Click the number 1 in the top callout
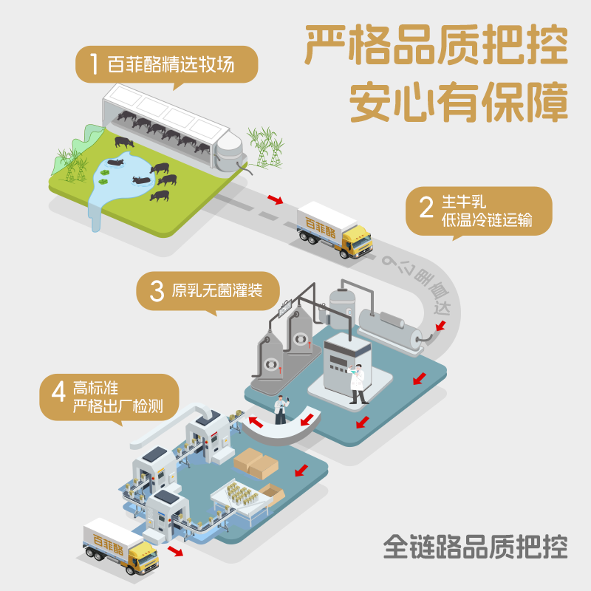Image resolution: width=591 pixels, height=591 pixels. [x=92, y=64]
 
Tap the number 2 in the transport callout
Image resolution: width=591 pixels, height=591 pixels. [x=426, y=208]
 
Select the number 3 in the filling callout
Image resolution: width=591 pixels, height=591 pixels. [x=156, y=290]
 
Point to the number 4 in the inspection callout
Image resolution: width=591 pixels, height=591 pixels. [x=58, y=394]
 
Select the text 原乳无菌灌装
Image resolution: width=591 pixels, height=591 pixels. [x=216, y=290]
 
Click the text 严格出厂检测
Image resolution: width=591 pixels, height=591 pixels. [x=117, y=406]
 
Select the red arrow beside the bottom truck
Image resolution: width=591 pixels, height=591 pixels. [x=176, y=552]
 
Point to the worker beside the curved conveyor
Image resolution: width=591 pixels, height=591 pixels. [x=281, y=410]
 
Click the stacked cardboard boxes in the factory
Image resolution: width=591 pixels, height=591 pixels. [x=255, y=464]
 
